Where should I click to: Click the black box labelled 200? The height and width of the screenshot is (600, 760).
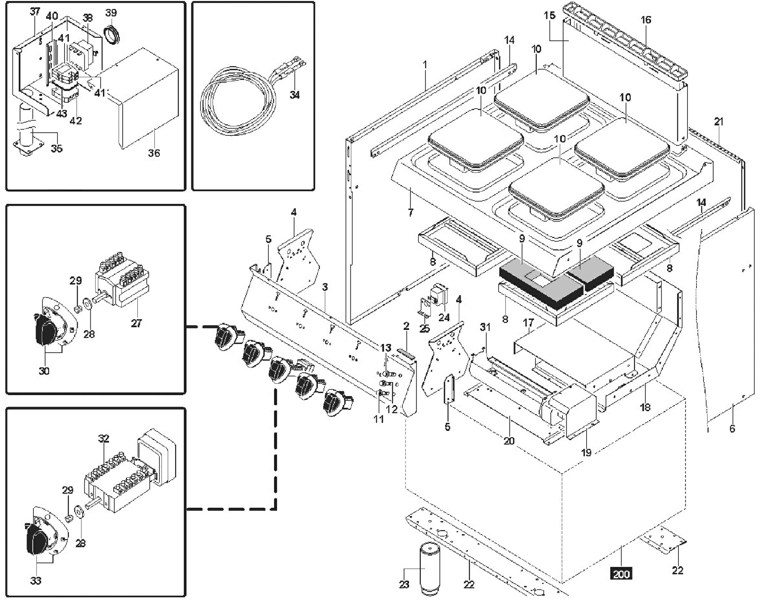(x=621, y=574)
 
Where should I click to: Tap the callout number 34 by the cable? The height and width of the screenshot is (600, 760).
(x=295, y=95)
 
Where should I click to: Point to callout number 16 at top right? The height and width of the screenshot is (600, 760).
(x=646, y=20)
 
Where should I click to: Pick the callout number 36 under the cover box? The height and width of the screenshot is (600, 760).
(x=154, y=153)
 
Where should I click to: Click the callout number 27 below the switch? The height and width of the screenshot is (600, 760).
(x=136, y=323)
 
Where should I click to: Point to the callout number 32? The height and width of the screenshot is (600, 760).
(x=104, y=439)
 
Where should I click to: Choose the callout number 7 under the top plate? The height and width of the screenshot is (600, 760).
(x=410, y=212)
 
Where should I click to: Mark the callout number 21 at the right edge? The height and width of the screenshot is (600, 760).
(x=719, y=122)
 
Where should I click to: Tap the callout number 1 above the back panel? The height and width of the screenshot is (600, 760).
(x=425, y=65)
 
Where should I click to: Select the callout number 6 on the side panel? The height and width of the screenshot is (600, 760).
(x=732, y=428)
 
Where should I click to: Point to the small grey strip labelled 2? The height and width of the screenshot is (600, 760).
(x=406, y=354)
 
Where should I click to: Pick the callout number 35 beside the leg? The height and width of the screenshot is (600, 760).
(x=56, y=148)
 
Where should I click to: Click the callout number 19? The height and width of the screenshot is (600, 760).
(x=587, y=453)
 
